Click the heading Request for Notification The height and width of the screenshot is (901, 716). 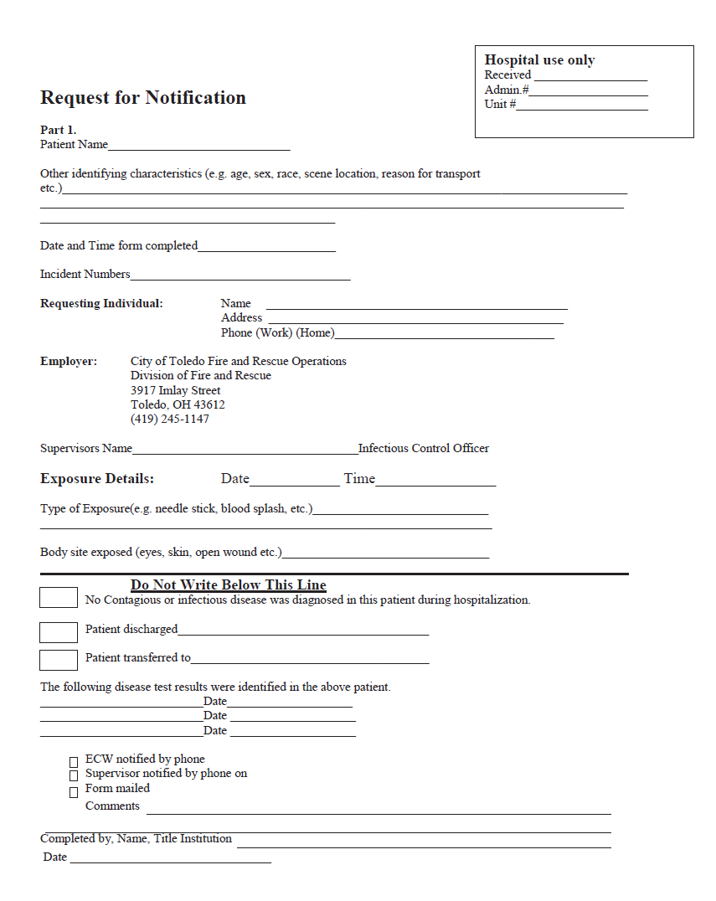(x=143, y=98)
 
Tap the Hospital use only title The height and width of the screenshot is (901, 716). (x=539, y=60)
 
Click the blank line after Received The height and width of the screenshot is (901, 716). (x=591, y=76)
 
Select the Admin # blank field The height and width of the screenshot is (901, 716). (x=588, y=91)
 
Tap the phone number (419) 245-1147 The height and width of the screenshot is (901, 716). (x=170, y=419)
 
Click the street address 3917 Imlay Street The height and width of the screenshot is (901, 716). (x=176, y=390)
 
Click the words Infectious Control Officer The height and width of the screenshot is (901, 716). (x=424, y=448)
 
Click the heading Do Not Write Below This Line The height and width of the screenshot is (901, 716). (x=229, y=585)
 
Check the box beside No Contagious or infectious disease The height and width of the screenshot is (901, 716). (x=59, y=598)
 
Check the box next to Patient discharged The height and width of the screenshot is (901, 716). (x=59, y=632)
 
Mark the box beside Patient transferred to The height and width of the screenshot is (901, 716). (x=59, y=660)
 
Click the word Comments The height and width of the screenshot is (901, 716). (x=112, y=806)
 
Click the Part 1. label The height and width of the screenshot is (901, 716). (x=59, y=130)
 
